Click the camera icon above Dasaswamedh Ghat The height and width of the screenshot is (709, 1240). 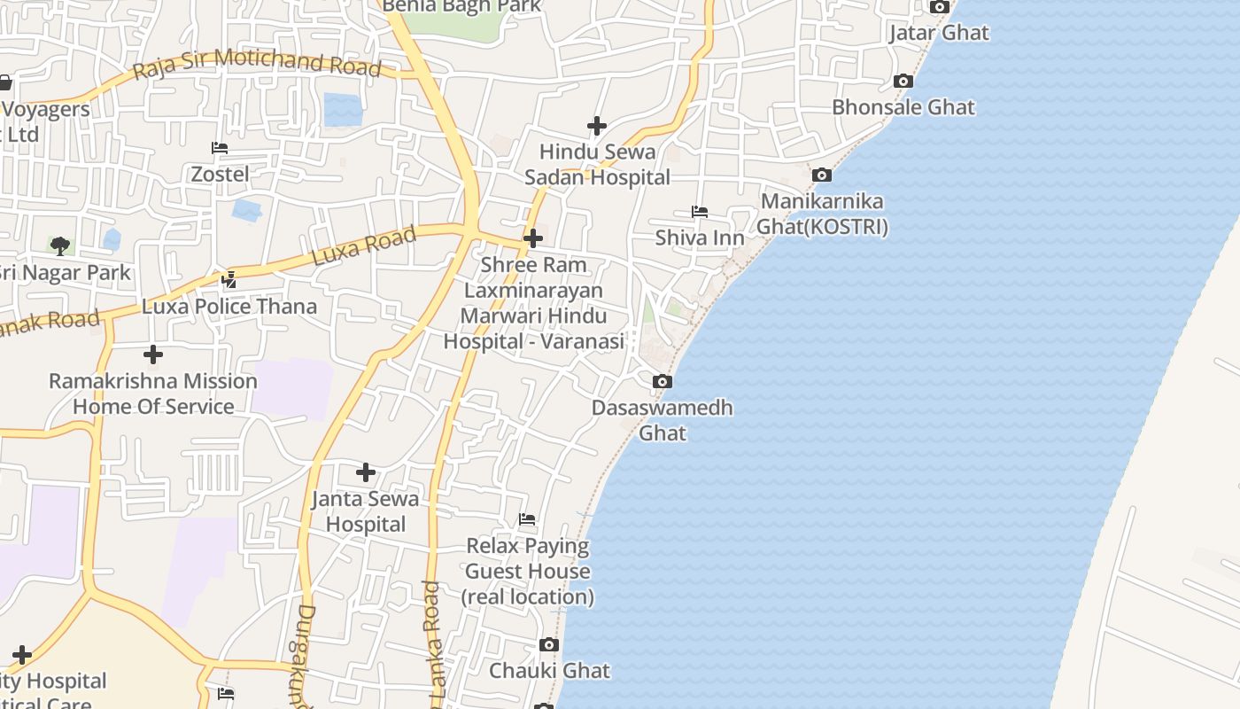click(662, 382)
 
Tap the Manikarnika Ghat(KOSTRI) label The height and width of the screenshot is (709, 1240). click(822, 214)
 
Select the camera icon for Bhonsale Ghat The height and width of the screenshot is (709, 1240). click(903, 82)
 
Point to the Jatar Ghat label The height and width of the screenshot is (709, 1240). click(939, 33)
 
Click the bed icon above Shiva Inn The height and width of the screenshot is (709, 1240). click(699, 212)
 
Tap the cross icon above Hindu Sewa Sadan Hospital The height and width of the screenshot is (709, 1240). click(597, 126)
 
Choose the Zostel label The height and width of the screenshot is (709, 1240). click(220, 174)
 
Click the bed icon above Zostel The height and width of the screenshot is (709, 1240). click(220, 148)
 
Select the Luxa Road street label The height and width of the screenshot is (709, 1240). click(364, 245)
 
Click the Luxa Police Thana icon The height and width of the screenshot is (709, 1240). click(229, 280)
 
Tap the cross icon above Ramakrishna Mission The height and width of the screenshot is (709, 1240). click(153, 354)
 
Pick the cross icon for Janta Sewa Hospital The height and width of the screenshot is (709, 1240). click(365, 472)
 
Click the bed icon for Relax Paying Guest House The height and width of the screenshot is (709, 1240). click(527, 519)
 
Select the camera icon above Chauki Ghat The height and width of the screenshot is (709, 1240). click(549, 644)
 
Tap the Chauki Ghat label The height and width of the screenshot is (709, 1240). click(549, 670)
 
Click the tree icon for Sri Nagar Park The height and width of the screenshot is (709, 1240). click(60, 245)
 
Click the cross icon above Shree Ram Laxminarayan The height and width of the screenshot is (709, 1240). click(533, 238)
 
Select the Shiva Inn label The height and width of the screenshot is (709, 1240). click(699, 238)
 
